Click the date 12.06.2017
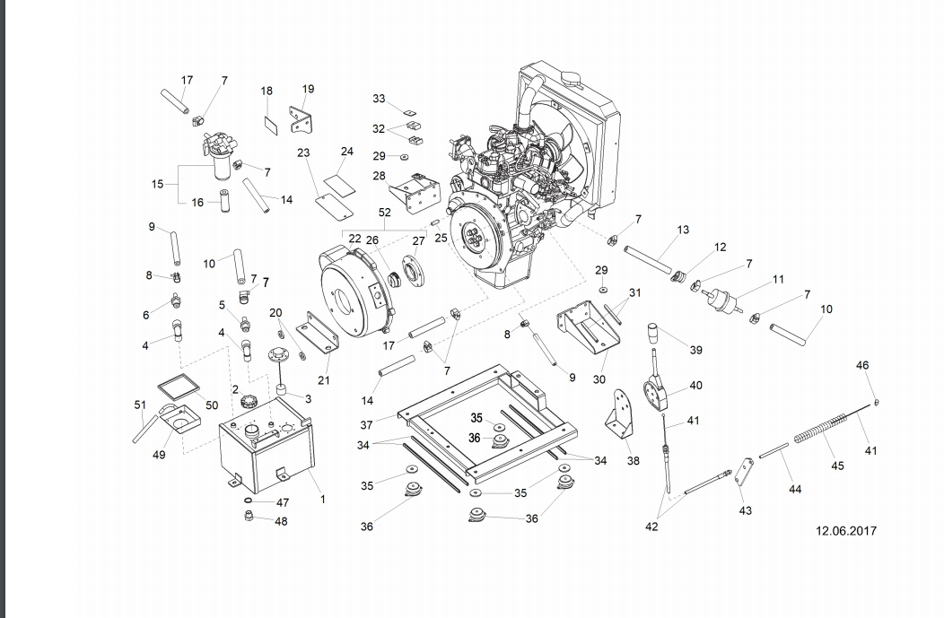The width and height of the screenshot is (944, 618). coord(846,531)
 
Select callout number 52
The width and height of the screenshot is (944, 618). coord(385,213)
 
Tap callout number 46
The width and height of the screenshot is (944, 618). coord(862,365)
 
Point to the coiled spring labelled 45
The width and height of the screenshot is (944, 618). coord(820,432)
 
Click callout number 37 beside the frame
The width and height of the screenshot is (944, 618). coord(366,425)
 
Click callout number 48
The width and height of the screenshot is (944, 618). coord(281,521)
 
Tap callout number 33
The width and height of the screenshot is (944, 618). coord(379,99)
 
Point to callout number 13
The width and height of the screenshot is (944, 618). coord(683,230)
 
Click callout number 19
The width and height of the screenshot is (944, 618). coord(308,89)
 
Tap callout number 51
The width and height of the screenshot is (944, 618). coord(140,405)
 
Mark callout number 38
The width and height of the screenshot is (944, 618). coord(634,461)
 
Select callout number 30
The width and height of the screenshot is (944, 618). coord(599,379)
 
